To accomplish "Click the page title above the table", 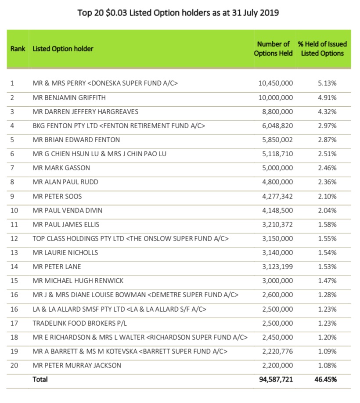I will pos(178,13).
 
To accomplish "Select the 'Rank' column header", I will pos(18,49).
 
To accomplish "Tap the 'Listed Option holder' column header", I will pos(63,49).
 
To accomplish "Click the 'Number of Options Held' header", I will pos(273,49).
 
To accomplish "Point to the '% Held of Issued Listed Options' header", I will pos(322,49).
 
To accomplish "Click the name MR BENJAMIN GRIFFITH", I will pos(69,97).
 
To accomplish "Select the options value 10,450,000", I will pos(275,83).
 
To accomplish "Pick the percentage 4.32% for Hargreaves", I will pos(328,112).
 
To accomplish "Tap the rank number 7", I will pos(12,168).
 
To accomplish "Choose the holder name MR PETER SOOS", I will pos(57,196).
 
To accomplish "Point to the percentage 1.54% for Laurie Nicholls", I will pos(328,252).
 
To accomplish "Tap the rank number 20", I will pos(14,365).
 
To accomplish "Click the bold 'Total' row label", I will pos(40,379).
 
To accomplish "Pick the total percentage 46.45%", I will pos(326,379).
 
